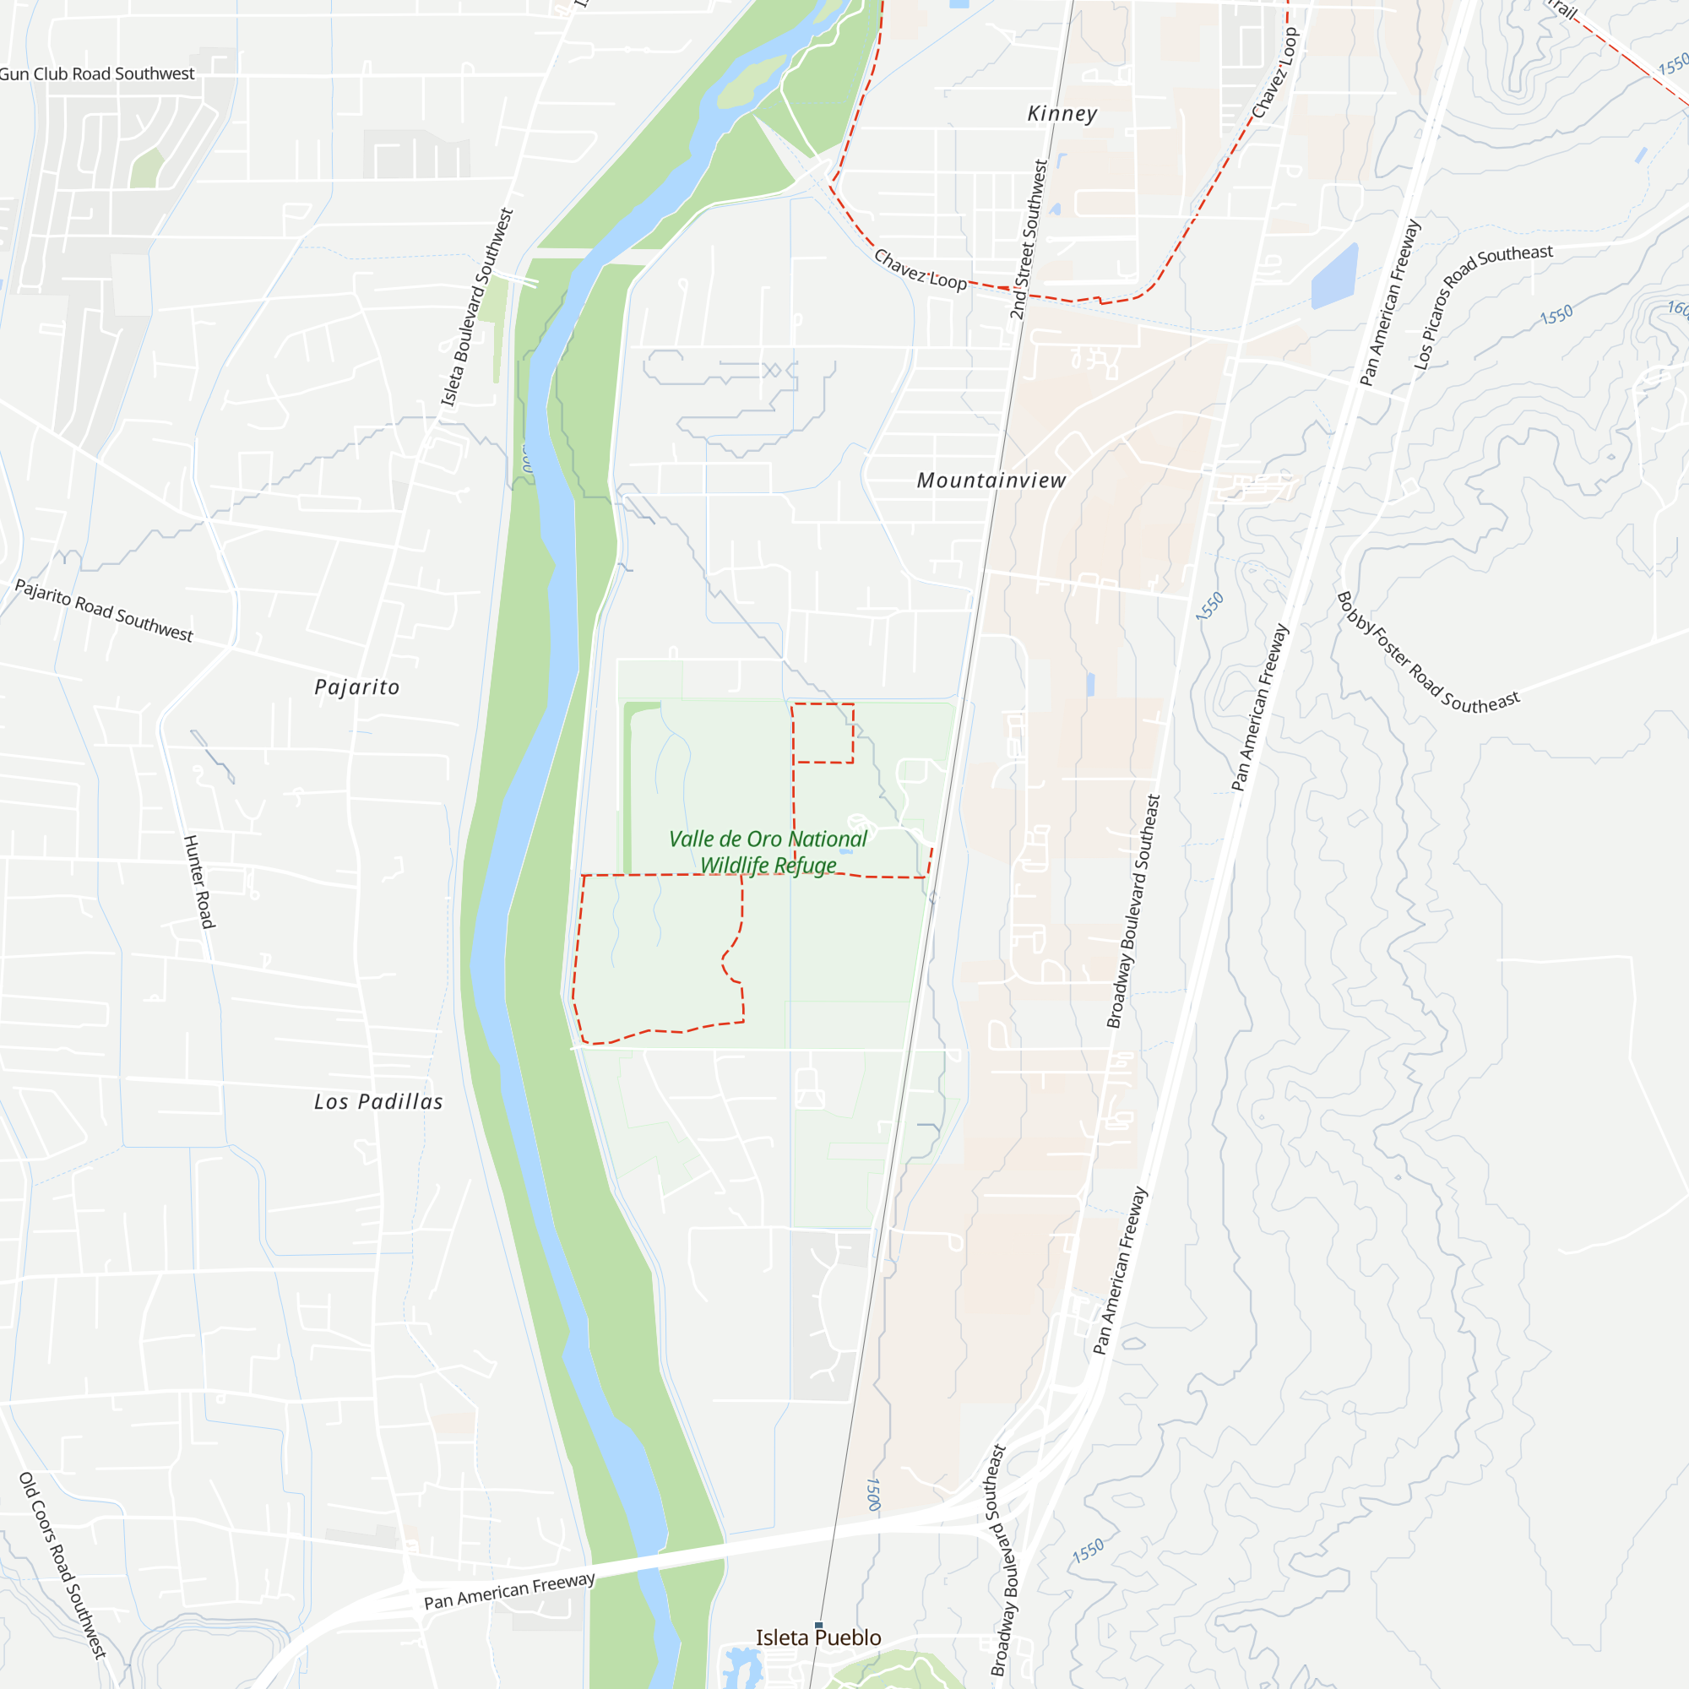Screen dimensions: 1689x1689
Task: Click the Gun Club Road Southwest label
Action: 96,74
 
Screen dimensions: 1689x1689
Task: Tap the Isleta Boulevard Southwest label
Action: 476,307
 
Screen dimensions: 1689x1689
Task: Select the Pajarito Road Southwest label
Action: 104,611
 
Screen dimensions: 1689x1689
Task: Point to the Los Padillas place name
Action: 378,1102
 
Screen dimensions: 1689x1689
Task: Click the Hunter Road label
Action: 198,881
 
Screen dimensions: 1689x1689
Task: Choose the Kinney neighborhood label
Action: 1062,114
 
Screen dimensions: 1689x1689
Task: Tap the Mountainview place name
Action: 991,481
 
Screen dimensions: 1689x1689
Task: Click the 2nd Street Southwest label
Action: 1029,240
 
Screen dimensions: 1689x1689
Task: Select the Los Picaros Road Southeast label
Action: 1483,306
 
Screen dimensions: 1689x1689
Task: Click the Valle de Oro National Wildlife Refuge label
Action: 768,851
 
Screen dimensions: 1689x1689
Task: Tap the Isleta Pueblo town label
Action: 818,1637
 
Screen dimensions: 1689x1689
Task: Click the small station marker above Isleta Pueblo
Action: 818,1625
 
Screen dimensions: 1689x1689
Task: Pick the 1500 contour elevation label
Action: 872,1494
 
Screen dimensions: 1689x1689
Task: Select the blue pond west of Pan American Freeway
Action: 1335,277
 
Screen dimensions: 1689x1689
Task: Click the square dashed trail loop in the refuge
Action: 823,732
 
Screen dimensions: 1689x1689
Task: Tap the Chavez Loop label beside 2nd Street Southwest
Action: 920,270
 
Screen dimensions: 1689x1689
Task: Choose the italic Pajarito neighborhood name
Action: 356,688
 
